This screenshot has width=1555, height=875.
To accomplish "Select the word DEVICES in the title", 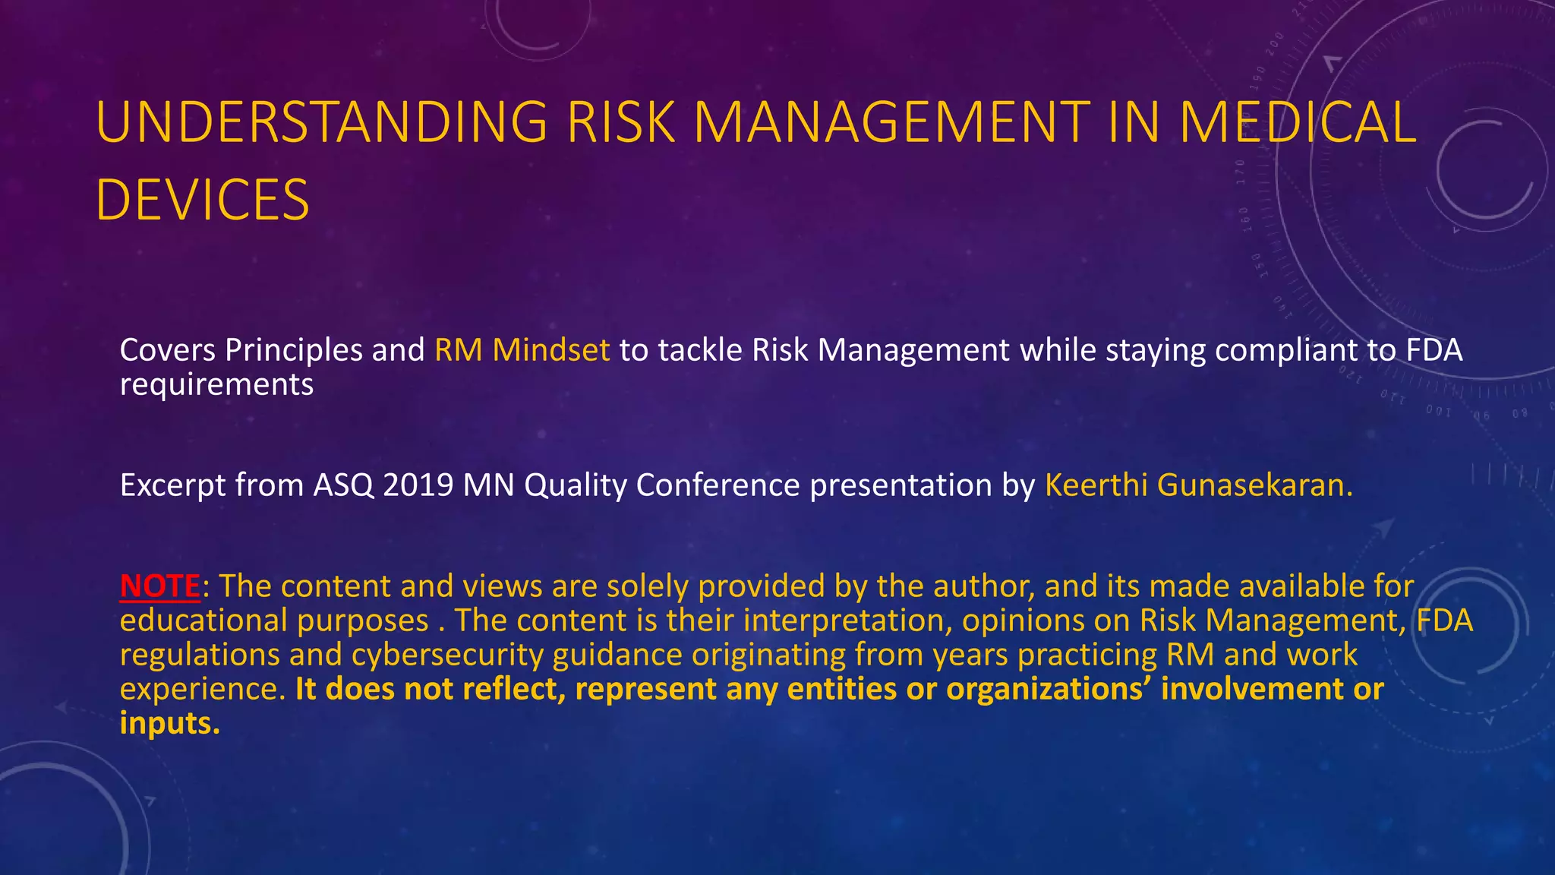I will (x=203, y=200).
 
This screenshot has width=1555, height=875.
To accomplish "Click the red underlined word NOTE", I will (x=160, y=586).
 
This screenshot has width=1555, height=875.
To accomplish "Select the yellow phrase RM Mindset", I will (x=522, y=350).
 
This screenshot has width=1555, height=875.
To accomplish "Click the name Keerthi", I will (x=1096, y=485).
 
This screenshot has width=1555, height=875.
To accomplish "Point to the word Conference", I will (x=718, y=485).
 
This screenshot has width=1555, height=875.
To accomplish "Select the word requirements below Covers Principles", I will (x=216, y=385).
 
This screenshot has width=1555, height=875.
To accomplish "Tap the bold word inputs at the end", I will (x=169, y=723).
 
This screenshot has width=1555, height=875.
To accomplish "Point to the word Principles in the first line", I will (x=294, y=350).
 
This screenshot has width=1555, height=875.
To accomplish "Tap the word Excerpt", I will (x=172, y=485).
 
